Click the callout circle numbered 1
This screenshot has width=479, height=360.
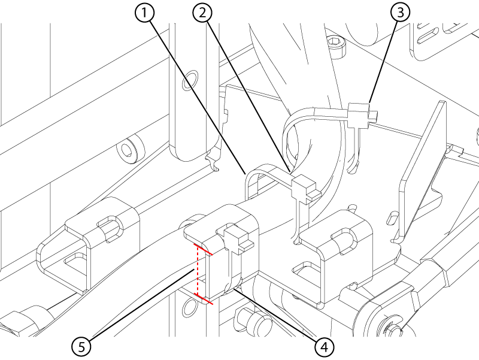pyautogui.click(x=144, y=13)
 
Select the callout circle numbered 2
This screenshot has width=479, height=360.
pyautogui.click(x=202, y=13)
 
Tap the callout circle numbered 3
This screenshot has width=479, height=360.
pyautogui.click(x=400, y=13)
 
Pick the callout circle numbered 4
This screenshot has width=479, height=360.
pyautogui.click(x=324, y=347)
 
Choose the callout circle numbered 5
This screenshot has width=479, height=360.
pyautogui.click(x=81, y=347)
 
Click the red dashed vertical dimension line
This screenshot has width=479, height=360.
pyautogui.click(x=198, y=270)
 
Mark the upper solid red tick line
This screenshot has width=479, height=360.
pyautogui.click(x=203, y=249)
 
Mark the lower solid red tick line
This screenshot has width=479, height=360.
pyautogui.click(x=204, y=299)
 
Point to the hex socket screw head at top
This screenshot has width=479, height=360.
pyautogui.click(x=338, y=46)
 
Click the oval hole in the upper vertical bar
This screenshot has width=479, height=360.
pyautogui.click(x=190, y=80)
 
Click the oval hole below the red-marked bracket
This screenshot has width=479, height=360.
pyautogui.click(x=190, y=308)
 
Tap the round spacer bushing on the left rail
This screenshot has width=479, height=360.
pyautogui.click(x=130, y=149)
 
